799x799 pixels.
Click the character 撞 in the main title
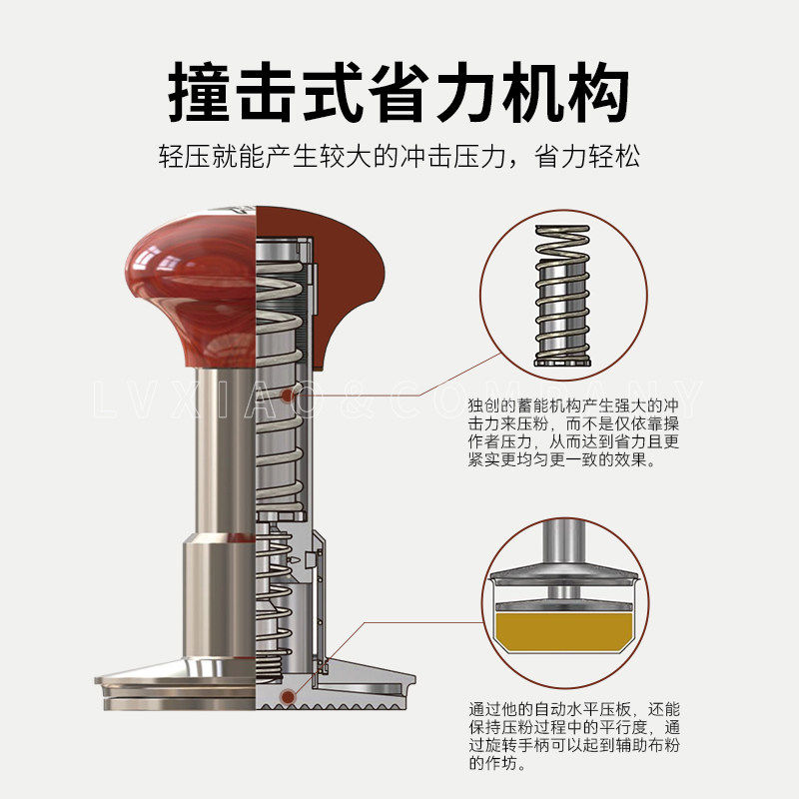coord(199,92)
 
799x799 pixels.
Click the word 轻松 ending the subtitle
coord(614,156)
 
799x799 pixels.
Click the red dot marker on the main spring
coord(288,395)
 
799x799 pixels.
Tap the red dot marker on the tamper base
coord(288,696)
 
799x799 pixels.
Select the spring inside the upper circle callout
coord(562,296)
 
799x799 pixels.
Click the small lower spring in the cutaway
coord(274,601)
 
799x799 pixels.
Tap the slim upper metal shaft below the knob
coord(225,449)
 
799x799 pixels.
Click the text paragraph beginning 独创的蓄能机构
coord(573,432)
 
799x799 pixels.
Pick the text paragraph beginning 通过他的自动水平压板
coord(574,736)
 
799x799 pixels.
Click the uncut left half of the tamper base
coord(175,684)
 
